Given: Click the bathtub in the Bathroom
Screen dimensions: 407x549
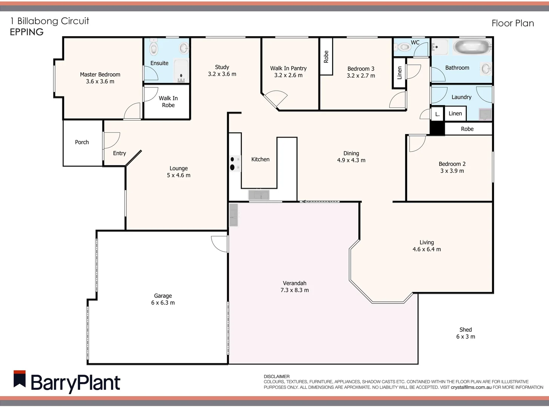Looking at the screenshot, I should coord(472,48).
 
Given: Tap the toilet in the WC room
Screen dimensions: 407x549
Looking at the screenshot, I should coord(403,47).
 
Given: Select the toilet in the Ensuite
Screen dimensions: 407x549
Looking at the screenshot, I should coord(154,49).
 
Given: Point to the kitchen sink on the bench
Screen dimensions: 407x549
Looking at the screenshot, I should coord(259,195).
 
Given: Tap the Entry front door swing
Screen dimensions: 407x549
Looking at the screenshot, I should coord(111,140).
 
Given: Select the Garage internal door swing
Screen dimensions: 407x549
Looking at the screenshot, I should coord(220,243).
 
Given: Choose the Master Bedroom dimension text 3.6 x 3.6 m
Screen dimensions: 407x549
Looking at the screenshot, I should coord(100,81).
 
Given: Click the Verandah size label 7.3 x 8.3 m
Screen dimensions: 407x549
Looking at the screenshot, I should coord(294,290).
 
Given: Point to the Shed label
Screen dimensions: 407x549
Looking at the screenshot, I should coord(465,330).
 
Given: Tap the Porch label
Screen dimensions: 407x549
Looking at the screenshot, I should coord(82,142).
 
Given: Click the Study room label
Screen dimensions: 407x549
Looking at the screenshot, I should coord(222,67).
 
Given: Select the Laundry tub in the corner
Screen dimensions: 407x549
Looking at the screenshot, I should coord(485,114).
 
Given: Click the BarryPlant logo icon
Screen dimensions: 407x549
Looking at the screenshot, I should coord(20,379).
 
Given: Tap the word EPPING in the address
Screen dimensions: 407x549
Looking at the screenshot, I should coord(27,32).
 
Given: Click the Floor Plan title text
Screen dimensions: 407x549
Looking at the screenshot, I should coord(512,23).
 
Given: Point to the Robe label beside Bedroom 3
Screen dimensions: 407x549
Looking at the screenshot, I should coord(326,57).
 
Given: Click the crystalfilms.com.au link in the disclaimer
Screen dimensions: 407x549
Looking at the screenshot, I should coord(471,387).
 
